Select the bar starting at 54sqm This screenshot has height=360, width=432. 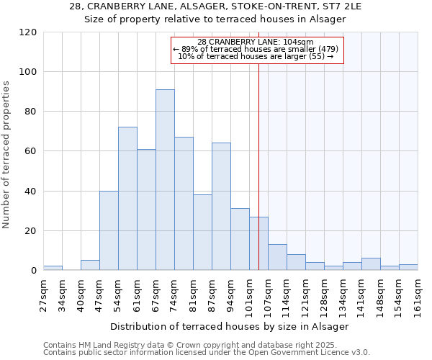pos(127,199)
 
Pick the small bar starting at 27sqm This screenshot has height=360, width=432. pos(53,269)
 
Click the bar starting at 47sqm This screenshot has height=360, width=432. pos(109,230)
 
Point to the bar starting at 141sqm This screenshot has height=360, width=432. pos(371,264)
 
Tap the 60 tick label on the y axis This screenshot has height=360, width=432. pos(31,152)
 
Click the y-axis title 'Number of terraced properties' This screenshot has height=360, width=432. pos(7,155)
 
